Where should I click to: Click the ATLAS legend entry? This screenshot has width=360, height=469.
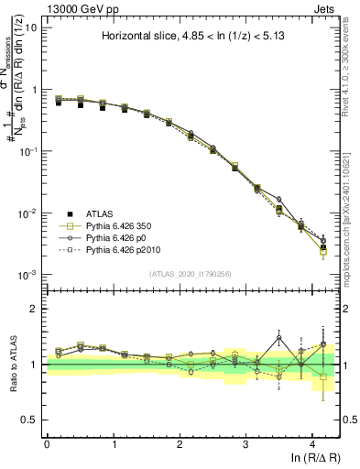pos(103,213)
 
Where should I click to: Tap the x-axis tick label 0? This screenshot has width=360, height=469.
pos(47,443)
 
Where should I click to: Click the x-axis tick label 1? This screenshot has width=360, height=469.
pos(114,443)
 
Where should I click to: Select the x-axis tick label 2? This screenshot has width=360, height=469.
pos(180,443)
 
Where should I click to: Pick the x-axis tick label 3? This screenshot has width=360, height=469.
pos(246,443)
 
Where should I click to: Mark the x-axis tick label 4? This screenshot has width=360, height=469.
pos(312,443)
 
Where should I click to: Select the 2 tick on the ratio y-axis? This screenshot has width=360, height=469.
pos(36,309)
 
